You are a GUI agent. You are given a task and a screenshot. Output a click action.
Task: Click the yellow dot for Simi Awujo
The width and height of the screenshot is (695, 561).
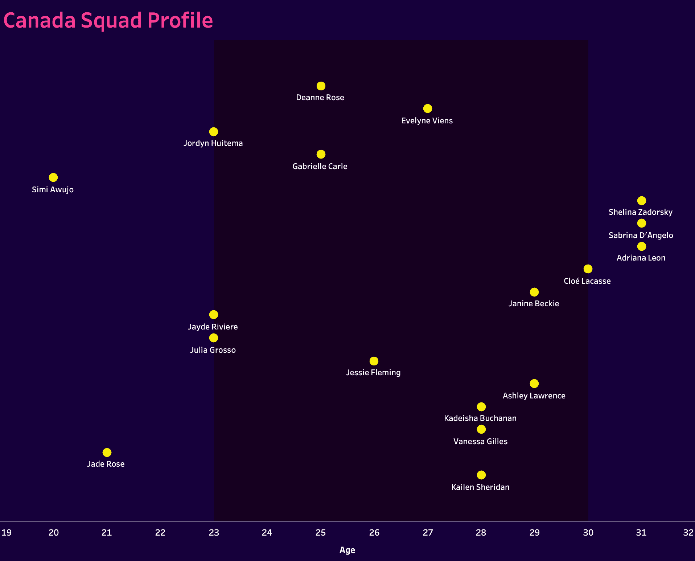pos(53,177)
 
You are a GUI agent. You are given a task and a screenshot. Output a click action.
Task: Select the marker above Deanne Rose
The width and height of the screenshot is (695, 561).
pos(321,86)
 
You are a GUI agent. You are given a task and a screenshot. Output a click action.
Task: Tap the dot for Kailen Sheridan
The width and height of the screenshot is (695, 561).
pos(481,475)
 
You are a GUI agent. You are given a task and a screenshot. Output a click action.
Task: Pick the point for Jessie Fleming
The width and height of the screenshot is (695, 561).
pos(374,361)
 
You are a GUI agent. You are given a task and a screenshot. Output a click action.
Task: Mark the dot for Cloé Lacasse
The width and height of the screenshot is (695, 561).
pos(588,269)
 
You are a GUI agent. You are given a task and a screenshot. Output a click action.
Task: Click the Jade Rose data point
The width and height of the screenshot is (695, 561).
pos(107,453)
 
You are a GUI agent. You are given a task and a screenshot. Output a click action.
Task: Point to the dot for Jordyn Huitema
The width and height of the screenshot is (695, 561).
pos(214,132)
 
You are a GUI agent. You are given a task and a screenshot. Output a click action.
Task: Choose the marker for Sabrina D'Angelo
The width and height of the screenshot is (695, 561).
pos(641,223)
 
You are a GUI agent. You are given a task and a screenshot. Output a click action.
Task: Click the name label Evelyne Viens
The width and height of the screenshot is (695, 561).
pos(427,120)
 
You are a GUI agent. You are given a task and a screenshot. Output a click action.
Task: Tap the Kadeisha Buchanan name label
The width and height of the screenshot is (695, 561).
pos(480,418)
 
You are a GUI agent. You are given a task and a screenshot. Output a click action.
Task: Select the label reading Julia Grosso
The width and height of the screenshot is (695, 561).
pos(213,350)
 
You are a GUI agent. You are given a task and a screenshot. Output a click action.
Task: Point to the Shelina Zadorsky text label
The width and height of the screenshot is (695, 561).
pos(641,212)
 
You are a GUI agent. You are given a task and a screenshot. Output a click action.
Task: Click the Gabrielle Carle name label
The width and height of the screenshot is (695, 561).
pos(320,166)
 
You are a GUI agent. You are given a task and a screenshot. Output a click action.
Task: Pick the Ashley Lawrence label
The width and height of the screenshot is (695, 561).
pos(534,396)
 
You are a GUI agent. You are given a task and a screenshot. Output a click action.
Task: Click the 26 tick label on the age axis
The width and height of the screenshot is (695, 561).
pos(374,532)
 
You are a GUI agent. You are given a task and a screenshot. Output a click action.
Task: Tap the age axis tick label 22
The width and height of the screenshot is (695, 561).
pos(160,532)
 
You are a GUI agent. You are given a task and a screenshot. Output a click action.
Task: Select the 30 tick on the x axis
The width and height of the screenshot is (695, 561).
pos(588,532)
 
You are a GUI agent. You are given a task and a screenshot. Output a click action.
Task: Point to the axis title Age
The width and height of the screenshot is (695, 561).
pos(347,550)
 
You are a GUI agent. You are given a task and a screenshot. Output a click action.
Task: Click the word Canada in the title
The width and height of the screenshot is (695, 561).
pos(40,20)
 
